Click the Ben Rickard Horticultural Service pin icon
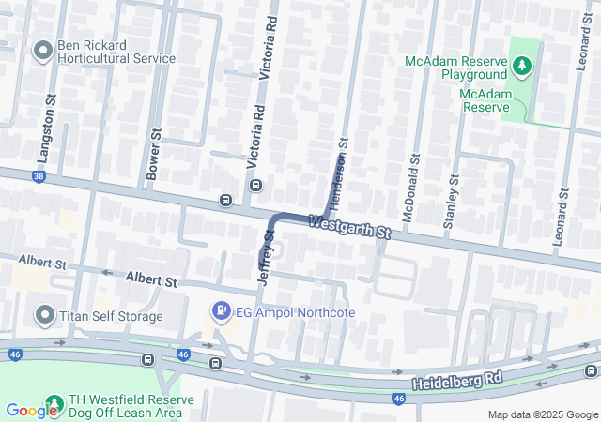[x=43, y=51]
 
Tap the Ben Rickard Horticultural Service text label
[x=116, y=51]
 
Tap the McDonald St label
[x=408, y=193]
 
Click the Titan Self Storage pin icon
[x=43, y=316]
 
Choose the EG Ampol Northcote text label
[x=282, y=311]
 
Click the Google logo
[x=31, y=410]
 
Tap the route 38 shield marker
[x=39, y=175]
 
